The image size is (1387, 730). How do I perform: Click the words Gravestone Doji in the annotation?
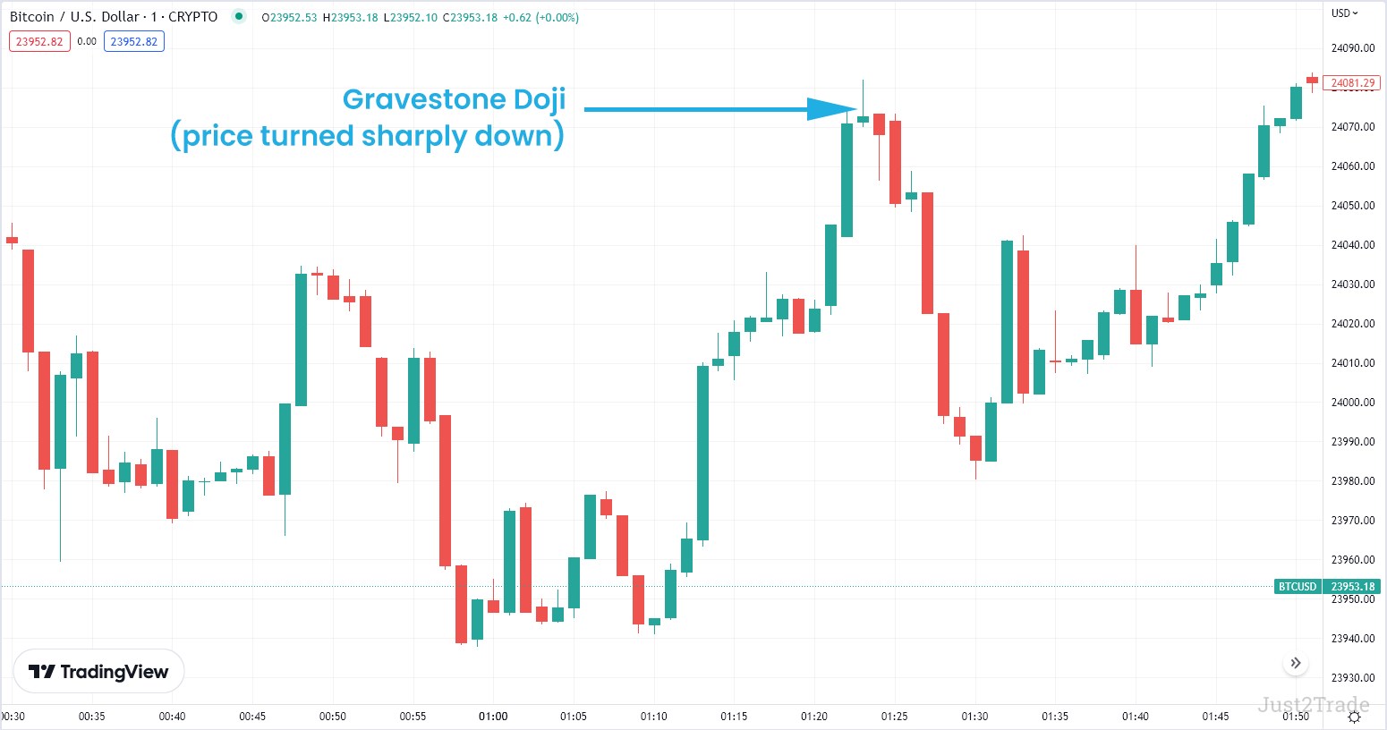click(x=454, y=99)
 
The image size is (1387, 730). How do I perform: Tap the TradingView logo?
click(x=98, y=672)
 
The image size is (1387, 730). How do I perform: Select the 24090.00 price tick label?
click(x=1352, y=48)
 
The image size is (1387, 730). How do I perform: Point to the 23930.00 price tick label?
click(x=1352, y=678)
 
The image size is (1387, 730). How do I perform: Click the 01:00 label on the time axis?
click(x=493, y=717)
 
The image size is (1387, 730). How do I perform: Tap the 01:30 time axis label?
click(x=974, y=717)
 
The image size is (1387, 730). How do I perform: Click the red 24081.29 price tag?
click(x=1351, y=83)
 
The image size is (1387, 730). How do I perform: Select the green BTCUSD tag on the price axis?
click(x=1298, y=587)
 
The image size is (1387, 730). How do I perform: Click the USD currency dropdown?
click(x=1344, y=13)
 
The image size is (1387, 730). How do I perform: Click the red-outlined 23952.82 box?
click(x=39, y=41)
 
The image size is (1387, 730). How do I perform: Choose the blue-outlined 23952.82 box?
click(x=133, y=41)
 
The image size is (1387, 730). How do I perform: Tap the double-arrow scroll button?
click(x=1296, y=663)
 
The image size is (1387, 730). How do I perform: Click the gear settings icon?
click(x=1355, y=717)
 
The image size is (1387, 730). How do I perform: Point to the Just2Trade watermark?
click(x=1313, y=704)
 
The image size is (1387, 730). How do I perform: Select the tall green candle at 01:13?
click(x=702, y=452)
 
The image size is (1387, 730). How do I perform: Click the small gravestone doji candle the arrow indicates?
click(x=863, y=118)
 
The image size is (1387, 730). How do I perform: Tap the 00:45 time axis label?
click(x=252, y=717)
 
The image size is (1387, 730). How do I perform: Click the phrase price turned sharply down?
click(x=367, y=136)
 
